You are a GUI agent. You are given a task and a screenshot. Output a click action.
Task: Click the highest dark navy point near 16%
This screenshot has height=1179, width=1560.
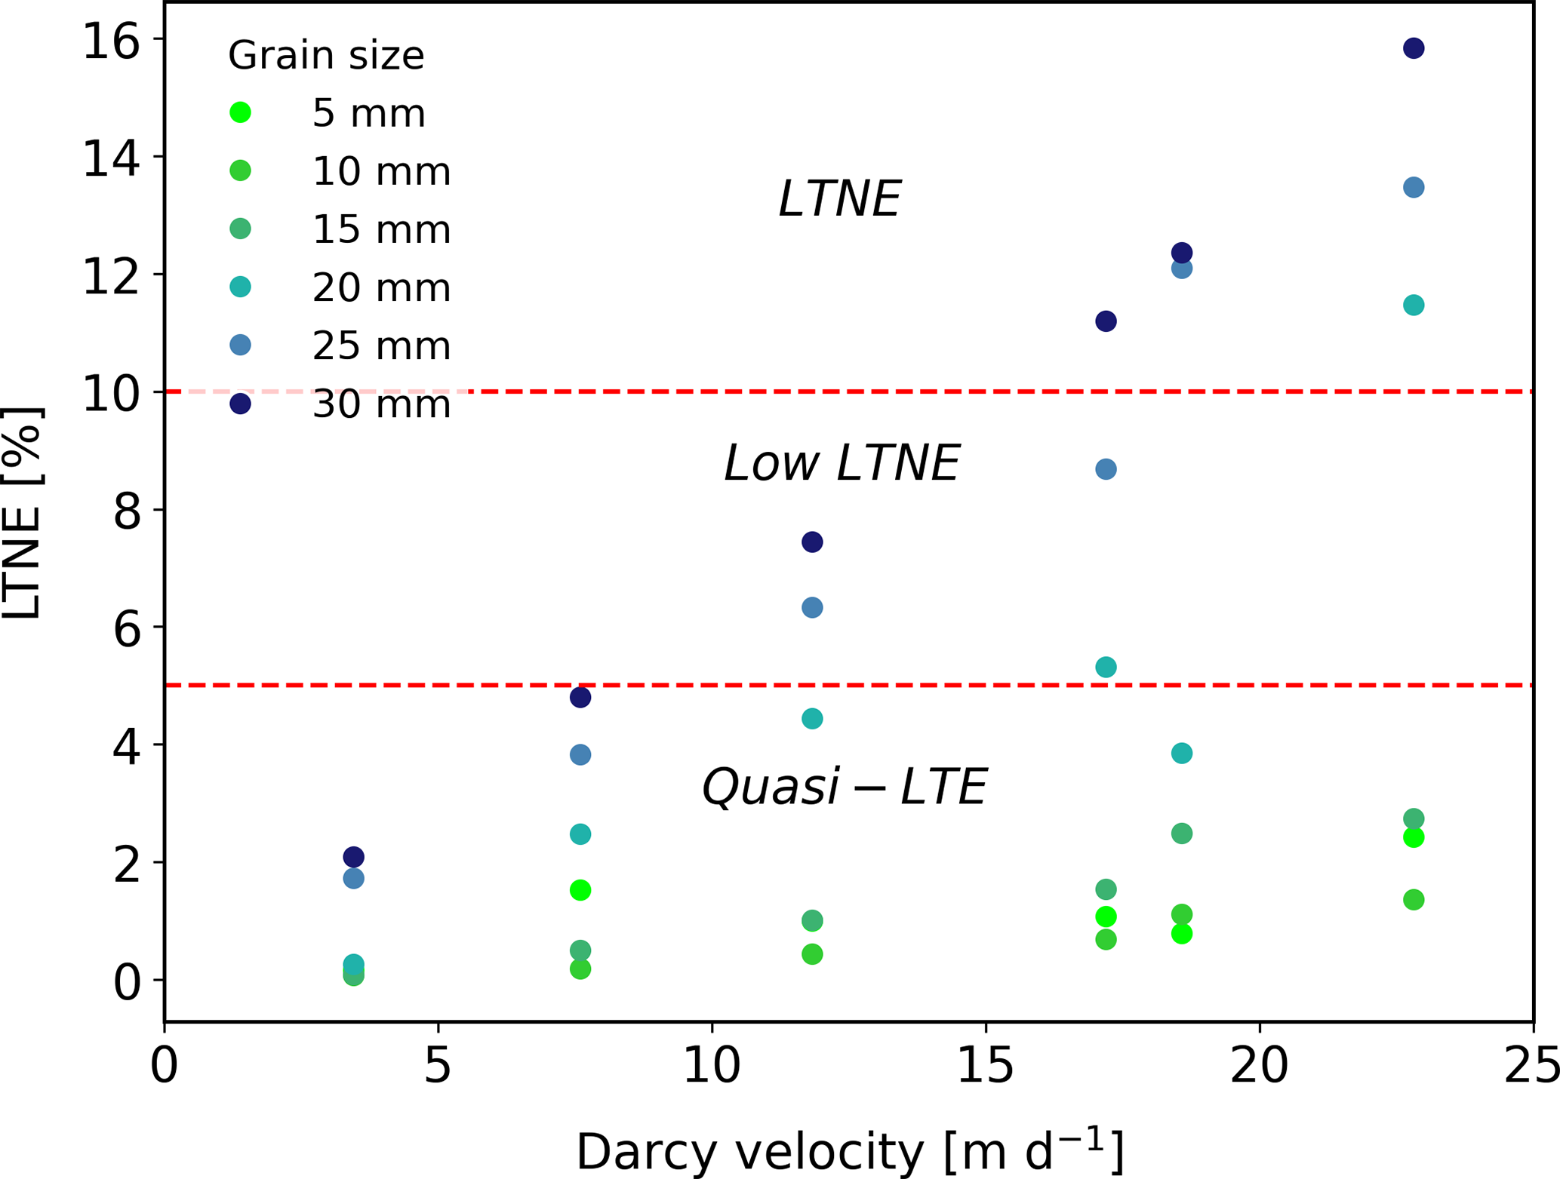pos(1413,48)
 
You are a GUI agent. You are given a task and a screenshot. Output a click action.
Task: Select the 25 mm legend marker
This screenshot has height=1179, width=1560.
pos(240,345)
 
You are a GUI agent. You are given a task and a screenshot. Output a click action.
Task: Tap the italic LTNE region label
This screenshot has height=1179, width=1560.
pos(839,199)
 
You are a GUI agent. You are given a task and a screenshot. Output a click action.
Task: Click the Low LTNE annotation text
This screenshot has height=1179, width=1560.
pos(841,462)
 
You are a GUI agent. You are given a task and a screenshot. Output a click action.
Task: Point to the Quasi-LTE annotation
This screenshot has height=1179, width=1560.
pos(844,787)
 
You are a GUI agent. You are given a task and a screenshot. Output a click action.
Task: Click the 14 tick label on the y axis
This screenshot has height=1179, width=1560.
pos(112,158)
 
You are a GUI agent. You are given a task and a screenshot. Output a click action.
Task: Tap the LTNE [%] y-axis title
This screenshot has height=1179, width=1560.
pos(23,513)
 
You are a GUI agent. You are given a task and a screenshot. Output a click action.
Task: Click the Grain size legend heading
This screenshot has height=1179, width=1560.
pos(326,56)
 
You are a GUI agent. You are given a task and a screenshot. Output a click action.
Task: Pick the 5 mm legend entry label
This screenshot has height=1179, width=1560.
pos(368,114)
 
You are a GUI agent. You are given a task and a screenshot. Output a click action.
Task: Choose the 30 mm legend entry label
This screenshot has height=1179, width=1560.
pos(381,405)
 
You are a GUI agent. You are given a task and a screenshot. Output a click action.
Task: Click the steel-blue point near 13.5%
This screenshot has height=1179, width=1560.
pos(1413,187)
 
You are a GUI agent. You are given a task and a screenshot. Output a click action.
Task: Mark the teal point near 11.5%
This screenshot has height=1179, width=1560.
pos(1413,305)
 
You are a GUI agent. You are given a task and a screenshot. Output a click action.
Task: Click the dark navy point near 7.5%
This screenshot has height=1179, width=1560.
pos(811,542)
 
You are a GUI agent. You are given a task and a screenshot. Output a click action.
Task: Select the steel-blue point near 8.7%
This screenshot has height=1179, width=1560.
pos(1105,469)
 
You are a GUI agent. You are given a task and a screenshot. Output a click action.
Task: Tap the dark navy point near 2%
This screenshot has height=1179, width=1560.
pos(353,857)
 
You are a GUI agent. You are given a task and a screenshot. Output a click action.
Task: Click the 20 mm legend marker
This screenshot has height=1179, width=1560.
pos(240,287)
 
